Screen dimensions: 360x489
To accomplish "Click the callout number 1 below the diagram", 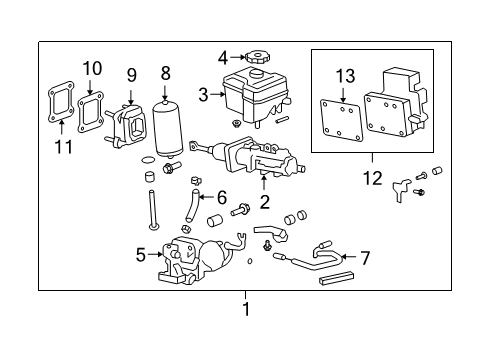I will pyautogui.click(x=245, y=310).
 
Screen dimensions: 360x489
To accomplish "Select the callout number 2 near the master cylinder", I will pyautogui.click(x=265, y=202).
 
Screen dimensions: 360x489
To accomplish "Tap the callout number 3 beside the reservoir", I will pyautogui.click(x=203, y=95).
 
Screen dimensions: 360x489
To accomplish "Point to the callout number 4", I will pyautogui.click(x=222, y=57).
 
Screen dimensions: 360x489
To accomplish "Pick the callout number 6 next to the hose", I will pyautogui.click(x=222, y=196).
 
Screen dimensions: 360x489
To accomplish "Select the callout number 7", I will pyautogui.click(x=364, y=258).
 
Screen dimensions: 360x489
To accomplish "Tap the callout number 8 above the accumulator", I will pyautogui.click(x=165, y=72).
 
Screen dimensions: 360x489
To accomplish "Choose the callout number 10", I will pyautogui.click(x=92, y=67).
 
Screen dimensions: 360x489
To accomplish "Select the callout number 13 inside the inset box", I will pyautogui.click(x=345, y=76).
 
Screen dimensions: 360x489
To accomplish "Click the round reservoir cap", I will pyautogui.click(x=258, y=58).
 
